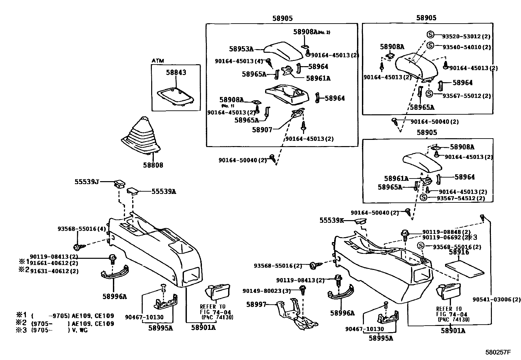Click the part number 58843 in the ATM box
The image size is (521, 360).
tap(176, 72)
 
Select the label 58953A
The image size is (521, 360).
tap(241, 49)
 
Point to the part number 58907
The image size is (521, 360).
tap(262, 130)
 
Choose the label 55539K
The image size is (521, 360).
tap(332, 221)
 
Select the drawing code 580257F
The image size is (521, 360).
tap(498, 352)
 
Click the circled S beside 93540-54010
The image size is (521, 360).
tap(430, 46)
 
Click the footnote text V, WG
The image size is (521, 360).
tap(81, 330)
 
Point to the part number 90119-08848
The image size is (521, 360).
tap(441, 232)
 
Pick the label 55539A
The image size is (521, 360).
tap(164, 192)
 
